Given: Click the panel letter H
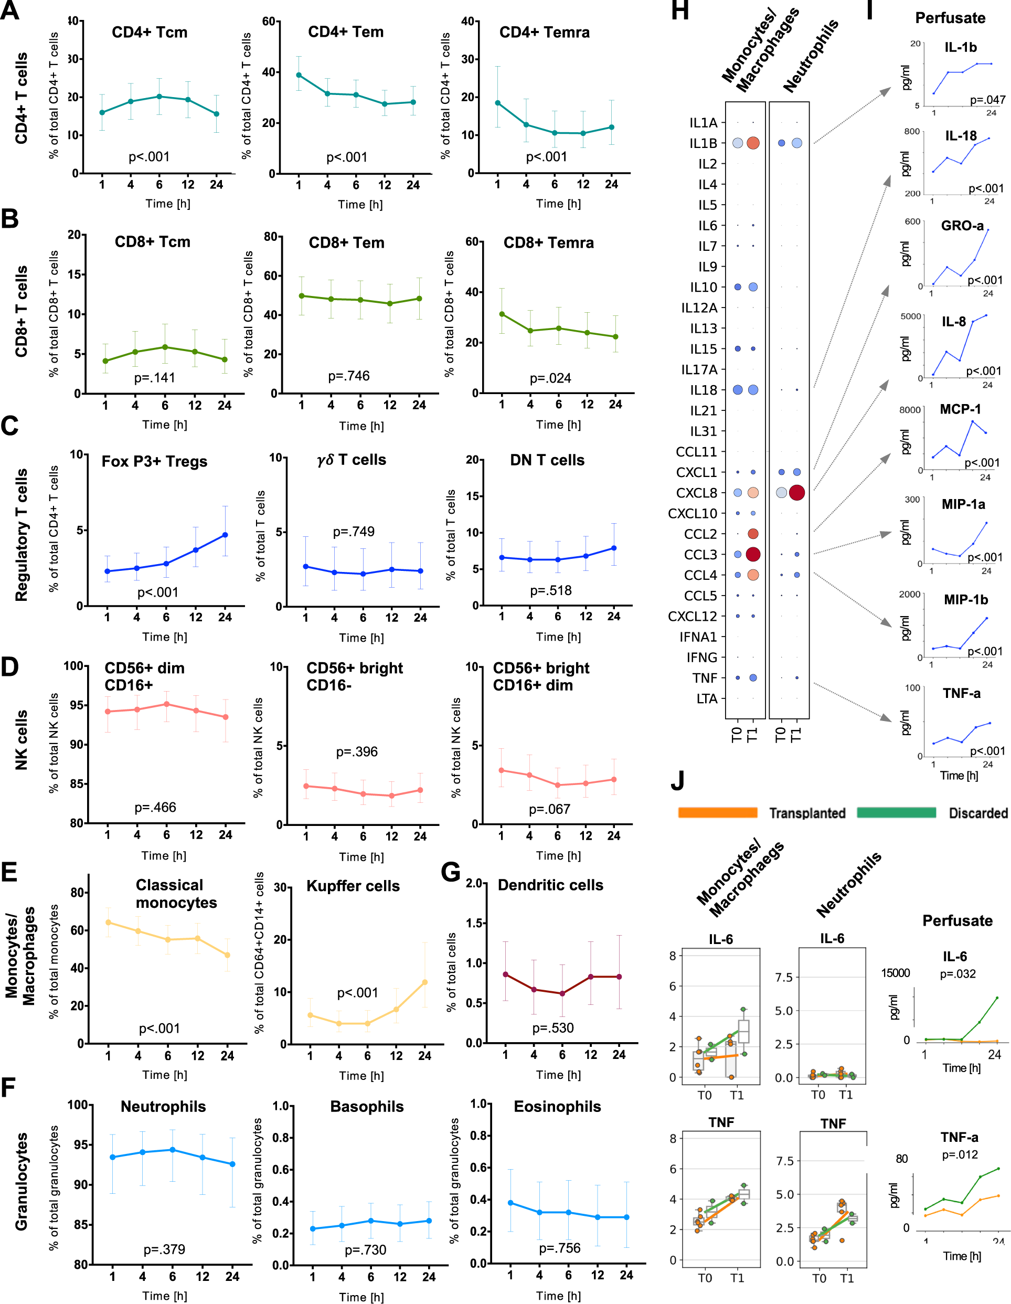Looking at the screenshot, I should tap(680, 10).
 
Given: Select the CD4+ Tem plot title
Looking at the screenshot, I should tap(346, 31).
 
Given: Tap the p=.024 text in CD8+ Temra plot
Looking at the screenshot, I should tap(550, 378).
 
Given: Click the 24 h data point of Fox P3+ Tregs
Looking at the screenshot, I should tap(225, 535).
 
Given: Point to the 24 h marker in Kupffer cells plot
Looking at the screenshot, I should tap(425, 982).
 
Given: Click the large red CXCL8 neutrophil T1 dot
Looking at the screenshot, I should tap(796, 493).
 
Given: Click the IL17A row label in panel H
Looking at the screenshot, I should tap(699, 369).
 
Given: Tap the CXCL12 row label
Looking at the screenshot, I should tap(693, 616).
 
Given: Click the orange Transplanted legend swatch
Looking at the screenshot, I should tap(717, 813).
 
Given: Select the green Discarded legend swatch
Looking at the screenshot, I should tap(896, 813).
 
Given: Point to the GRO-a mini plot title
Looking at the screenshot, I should tap(962, 226).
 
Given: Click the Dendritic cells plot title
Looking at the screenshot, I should tap(550, 885).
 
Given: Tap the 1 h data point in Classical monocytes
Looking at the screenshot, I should tap(109, 923).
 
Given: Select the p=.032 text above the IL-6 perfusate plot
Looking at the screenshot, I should tap(957, 974).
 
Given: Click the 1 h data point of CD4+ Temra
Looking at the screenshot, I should tap(498, 103).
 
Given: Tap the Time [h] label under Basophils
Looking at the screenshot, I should tap(361, 1297).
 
